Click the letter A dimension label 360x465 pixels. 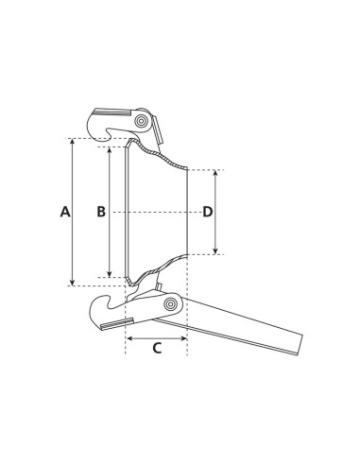(65, 212)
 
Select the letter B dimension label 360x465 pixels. (100, 212)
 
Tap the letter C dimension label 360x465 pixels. (157, 348)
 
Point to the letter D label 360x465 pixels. (208, 212)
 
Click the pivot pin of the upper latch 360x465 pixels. (141, 122)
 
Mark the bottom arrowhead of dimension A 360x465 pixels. (73, 282)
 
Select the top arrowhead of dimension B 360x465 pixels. (111, 149)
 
